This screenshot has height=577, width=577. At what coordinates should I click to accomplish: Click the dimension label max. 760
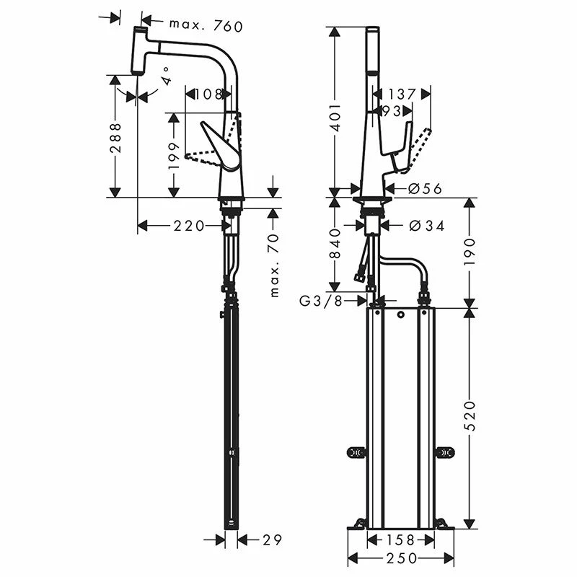pyautogui.click(x=206, y=26)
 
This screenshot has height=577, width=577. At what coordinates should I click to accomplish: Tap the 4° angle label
pyautogui.click(x=167, y=76)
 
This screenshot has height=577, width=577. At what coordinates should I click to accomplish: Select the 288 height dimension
pyautogui.click(x=114, y=136)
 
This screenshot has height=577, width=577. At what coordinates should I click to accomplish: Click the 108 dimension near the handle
pyautogui.click(x=208, y=94)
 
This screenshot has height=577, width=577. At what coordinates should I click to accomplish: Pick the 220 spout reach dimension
pyautogui.click(x=188, y=226)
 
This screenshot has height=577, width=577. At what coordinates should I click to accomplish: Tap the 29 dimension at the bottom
pyautogui.click(x=271, y=539)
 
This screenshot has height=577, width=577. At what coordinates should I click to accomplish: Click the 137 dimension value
pyautogui.click(x=402, y=94)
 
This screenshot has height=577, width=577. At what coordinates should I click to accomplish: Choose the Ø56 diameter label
pyautogui.click(x=425, y=189)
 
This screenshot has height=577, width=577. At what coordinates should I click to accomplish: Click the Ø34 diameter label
pyautogui.click(x=426, y=226)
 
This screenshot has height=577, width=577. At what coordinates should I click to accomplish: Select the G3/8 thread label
pyautogui.click(x=322, y=301)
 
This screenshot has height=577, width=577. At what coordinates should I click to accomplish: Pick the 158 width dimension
pyautogui.click(x=402, y=539)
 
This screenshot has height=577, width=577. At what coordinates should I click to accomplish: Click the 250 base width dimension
pyautogui.click(x=402, y=558)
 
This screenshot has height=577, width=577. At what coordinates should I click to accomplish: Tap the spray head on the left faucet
pyautogui.click(x=141, y=50)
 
